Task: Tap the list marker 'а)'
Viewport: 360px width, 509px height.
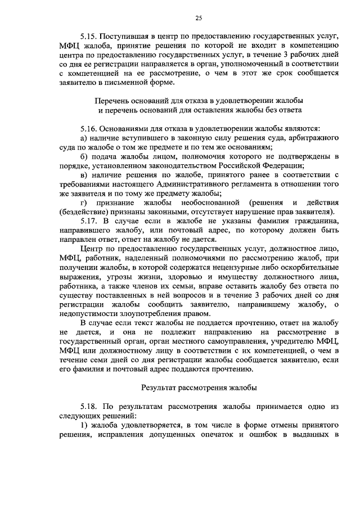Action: tap(84, 138)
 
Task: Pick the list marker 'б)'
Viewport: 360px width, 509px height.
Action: tap(84, 156)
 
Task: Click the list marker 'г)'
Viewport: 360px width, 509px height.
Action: tap(84, 202)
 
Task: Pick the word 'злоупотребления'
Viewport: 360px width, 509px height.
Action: tap(148, 313)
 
